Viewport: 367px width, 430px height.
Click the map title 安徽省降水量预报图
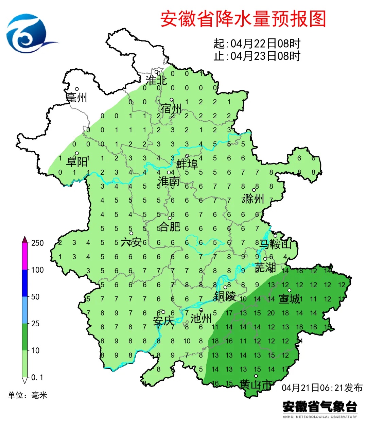coord(243,19)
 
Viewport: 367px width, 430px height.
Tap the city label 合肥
coord(170,226)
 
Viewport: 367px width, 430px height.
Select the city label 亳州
coord(77,98)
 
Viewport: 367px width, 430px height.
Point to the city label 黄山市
coord(256,384)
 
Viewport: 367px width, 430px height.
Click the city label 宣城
coord(289,299)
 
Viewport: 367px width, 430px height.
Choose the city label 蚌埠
coord(187,164)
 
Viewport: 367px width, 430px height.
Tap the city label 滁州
coord(253,199)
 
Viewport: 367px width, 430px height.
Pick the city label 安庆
coord(163,321)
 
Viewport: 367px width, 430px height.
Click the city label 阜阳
coord(77,162)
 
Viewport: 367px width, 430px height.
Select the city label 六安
coord(131,242)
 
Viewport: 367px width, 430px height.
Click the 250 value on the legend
coord(37,243)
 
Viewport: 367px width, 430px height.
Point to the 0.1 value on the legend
coord(37,377)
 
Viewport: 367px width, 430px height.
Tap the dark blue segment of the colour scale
coord(25,283)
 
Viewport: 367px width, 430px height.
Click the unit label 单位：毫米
coord(28,395)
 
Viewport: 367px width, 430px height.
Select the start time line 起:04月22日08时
coord(257,44)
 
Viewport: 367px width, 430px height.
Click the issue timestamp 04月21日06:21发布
coord(322,388)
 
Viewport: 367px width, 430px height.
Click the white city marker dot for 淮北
coord(157,72)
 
